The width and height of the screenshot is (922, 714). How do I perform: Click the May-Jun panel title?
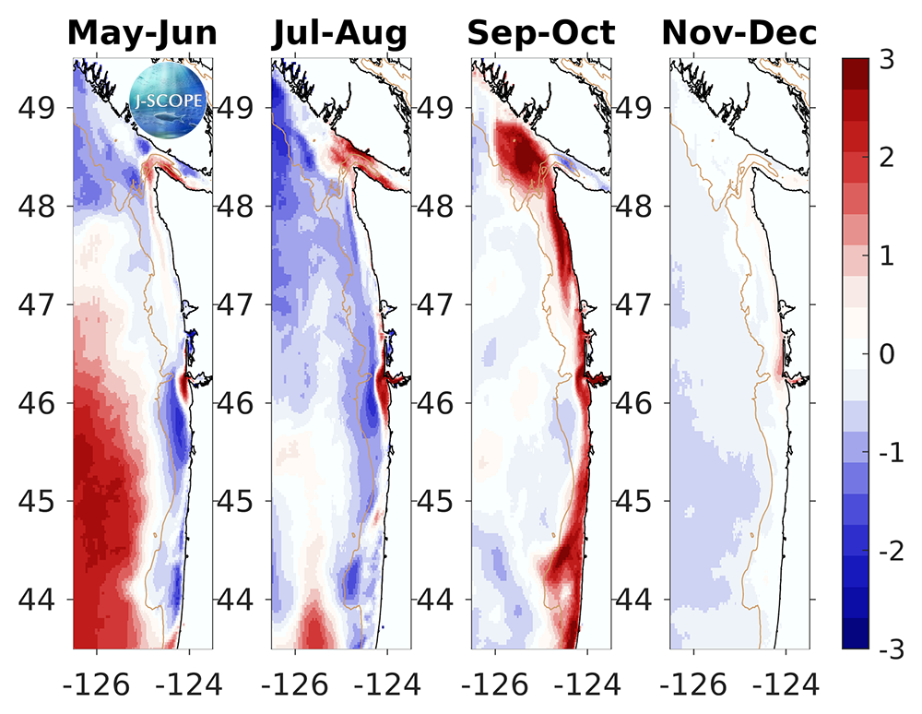coord(143,33)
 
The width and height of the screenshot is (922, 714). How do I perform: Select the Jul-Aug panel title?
coord(340,33)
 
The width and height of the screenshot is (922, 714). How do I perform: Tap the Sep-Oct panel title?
coord(540,33)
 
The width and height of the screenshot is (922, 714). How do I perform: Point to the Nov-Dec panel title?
coord(739,33)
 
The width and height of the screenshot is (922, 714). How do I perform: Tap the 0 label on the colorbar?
coord(886,353)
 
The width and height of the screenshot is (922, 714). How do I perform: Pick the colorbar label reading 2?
coord(886,157)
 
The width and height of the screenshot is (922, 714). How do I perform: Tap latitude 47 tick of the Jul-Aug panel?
coord(239,304)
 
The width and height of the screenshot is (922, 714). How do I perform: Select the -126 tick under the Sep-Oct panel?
coord(495,684)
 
